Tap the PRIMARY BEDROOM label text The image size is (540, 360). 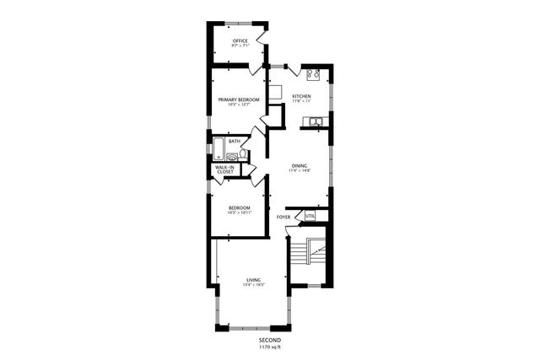pos(239,99)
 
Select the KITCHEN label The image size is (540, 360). pos(301,96)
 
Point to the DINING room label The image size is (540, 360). pos(300,165)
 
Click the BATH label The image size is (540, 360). pos(233,141)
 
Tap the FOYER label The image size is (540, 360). pos(283,217)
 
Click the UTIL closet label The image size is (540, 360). pos(310,216)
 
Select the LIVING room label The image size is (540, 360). pos(253,279)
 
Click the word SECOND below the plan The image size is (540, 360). pos(270,340)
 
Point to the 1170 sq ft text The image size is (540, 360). pos(270,347)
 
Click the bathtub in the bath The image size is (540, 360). pos(218,148)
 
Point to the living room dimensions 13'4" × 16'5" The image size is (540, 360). pos(253,285)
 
